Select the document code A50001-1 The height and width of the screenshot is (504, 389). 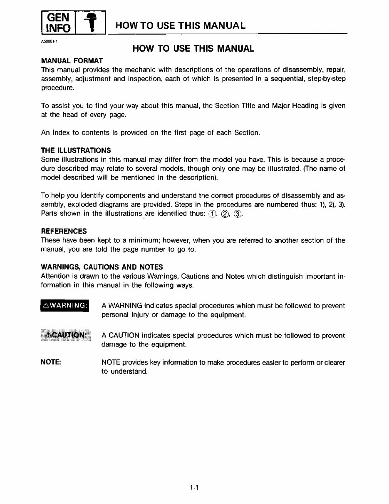tap(49, 42)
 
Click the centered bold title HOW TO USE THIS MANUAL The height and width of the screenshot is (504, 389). tap(193, 49)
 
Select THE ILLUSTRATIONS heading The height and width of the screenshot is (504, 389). tap(76, 150)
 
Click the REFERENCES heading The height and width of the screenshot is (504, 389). tap(64, 231)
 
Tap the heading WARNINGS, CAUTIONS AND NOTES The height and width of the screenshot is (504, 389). tap(102, 267)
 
